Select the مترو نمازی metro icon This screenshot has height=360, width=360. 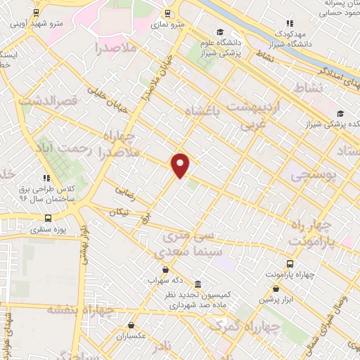coord(167,13)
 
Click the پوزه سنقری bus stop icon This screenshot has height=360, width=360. coord(48,218)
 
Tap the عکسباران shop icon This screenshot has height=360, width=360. coord(131,325)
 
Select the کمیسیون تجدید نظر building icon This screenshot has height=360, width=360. coord(198,285)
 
